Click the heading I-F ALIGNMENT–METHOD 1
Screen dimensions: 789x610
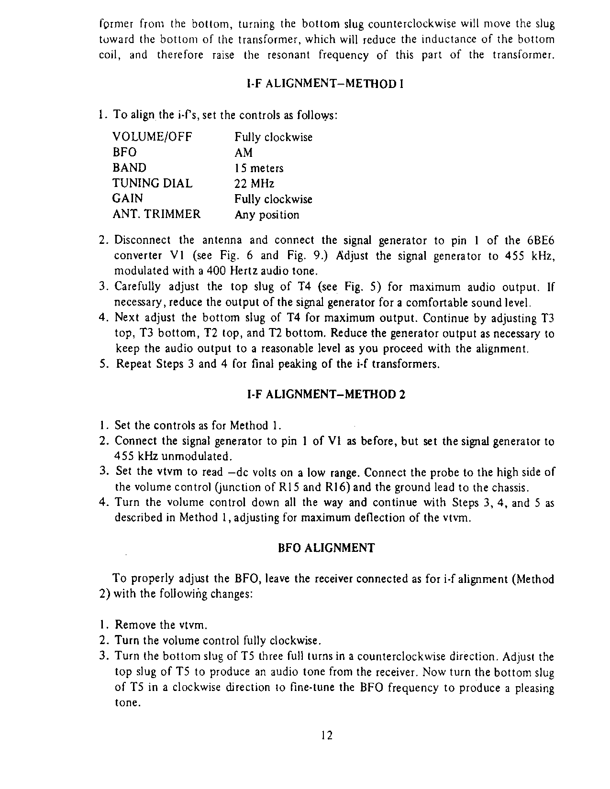(x=326, y=85)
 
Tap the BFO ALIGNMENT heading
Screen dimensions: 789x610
(x=326, y=548)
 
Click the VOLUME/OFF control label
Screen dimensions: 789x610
(x=152, y=137)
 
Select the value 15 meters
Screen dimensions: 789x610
(x=259, y=168)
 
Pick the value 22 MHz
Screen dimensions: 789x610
(x=254, y=184)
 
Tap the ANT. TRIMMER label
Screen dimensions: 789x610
(x=156, y=214)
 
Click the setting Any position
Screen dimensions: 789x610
(x=266, y=215)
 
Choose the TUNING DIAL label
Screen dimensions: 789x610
(x=152, y=184)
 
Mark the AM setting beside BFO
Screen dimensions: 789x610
(x=244, y=153)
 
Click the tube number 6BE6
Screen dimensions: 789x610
(x=540, y=240)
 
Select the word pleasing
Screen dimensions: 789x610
(x=534, y=688)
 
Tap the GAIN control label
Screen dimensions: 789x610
(x=127, y=199)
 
